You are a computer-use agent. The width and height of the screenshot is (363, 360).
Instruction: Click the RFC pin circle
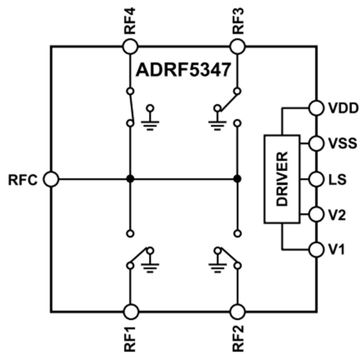coord(51,179)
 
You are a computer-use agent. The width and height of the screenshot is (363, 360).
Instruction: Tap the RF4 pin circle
coord(130,46)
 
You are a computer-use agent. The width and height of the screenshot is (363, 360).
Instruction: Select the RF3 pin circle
coord(238,46)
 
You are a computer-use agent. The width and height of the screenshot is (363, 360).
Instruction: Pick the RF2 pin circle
coord(238,311)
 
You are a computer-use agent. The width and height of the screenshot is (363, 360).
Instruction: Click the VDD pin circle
coord(316,108)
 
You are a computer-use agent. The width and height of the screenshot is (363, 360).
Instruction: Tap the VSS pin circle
coord(316,143)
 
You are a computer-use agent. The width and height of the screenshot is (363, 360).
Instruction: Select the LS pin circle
coord(316,179)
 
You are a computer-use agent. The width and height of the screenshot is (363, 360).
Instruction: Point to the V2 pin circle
coord(316,214)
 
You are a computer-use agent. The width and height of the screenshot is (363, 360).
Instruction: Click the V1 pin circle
coord(316,249)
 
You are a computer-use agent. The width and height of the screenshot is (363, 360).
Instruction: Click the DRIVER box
coord(282,179)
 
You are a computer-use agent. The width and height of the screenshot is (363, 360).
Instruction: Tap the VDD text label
coord(343,108)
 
